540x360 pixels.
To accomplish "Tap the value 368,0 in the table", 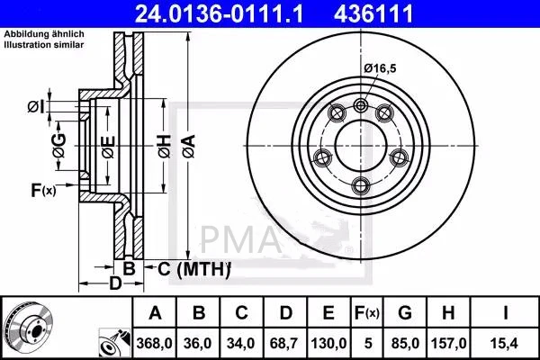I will click(156, 342).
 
